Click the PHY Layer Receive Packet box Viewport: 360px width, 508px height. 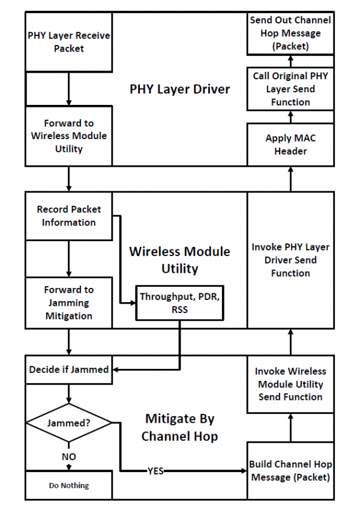coord(68,42)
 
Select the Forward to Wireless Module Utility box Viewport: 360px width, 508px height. coord(68,136)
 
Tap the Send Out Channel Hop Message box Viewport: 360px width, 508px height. coord(290,32)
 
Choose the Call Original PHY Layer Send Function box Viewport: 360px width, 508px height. coord(290,89)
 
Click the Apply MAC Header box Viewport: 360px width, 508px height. coord(290,145)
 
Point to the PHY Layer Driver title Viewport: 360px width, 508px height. coord(180,89)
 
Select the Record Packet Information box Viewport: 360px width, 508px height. coord(68,216)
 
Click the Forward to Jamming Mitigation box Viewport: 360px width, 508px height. coord(68,302)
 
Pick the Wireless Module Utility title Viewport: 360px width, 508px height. coord(179,260)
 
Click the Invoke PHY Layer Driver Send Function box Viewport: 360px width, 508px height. coord(290,260)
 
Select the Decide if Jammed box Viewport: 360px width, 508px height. coord(68,369)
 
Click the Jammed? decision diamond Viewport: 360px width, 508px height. coord(68,422)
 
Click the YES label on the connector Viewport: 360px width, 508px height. coord(155,471)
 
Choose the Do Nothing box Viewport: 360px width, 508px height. coord(68,485)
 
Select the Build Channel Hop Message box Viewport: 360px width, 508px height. coord(290,471)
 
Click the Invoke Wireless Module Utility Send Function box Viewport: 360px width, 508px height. coord(290,384)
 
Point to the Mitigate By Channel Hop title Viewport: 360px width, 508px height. coord(179,427)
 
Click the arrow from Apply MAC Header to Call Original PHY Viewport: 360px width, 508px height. coord(290,117)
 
